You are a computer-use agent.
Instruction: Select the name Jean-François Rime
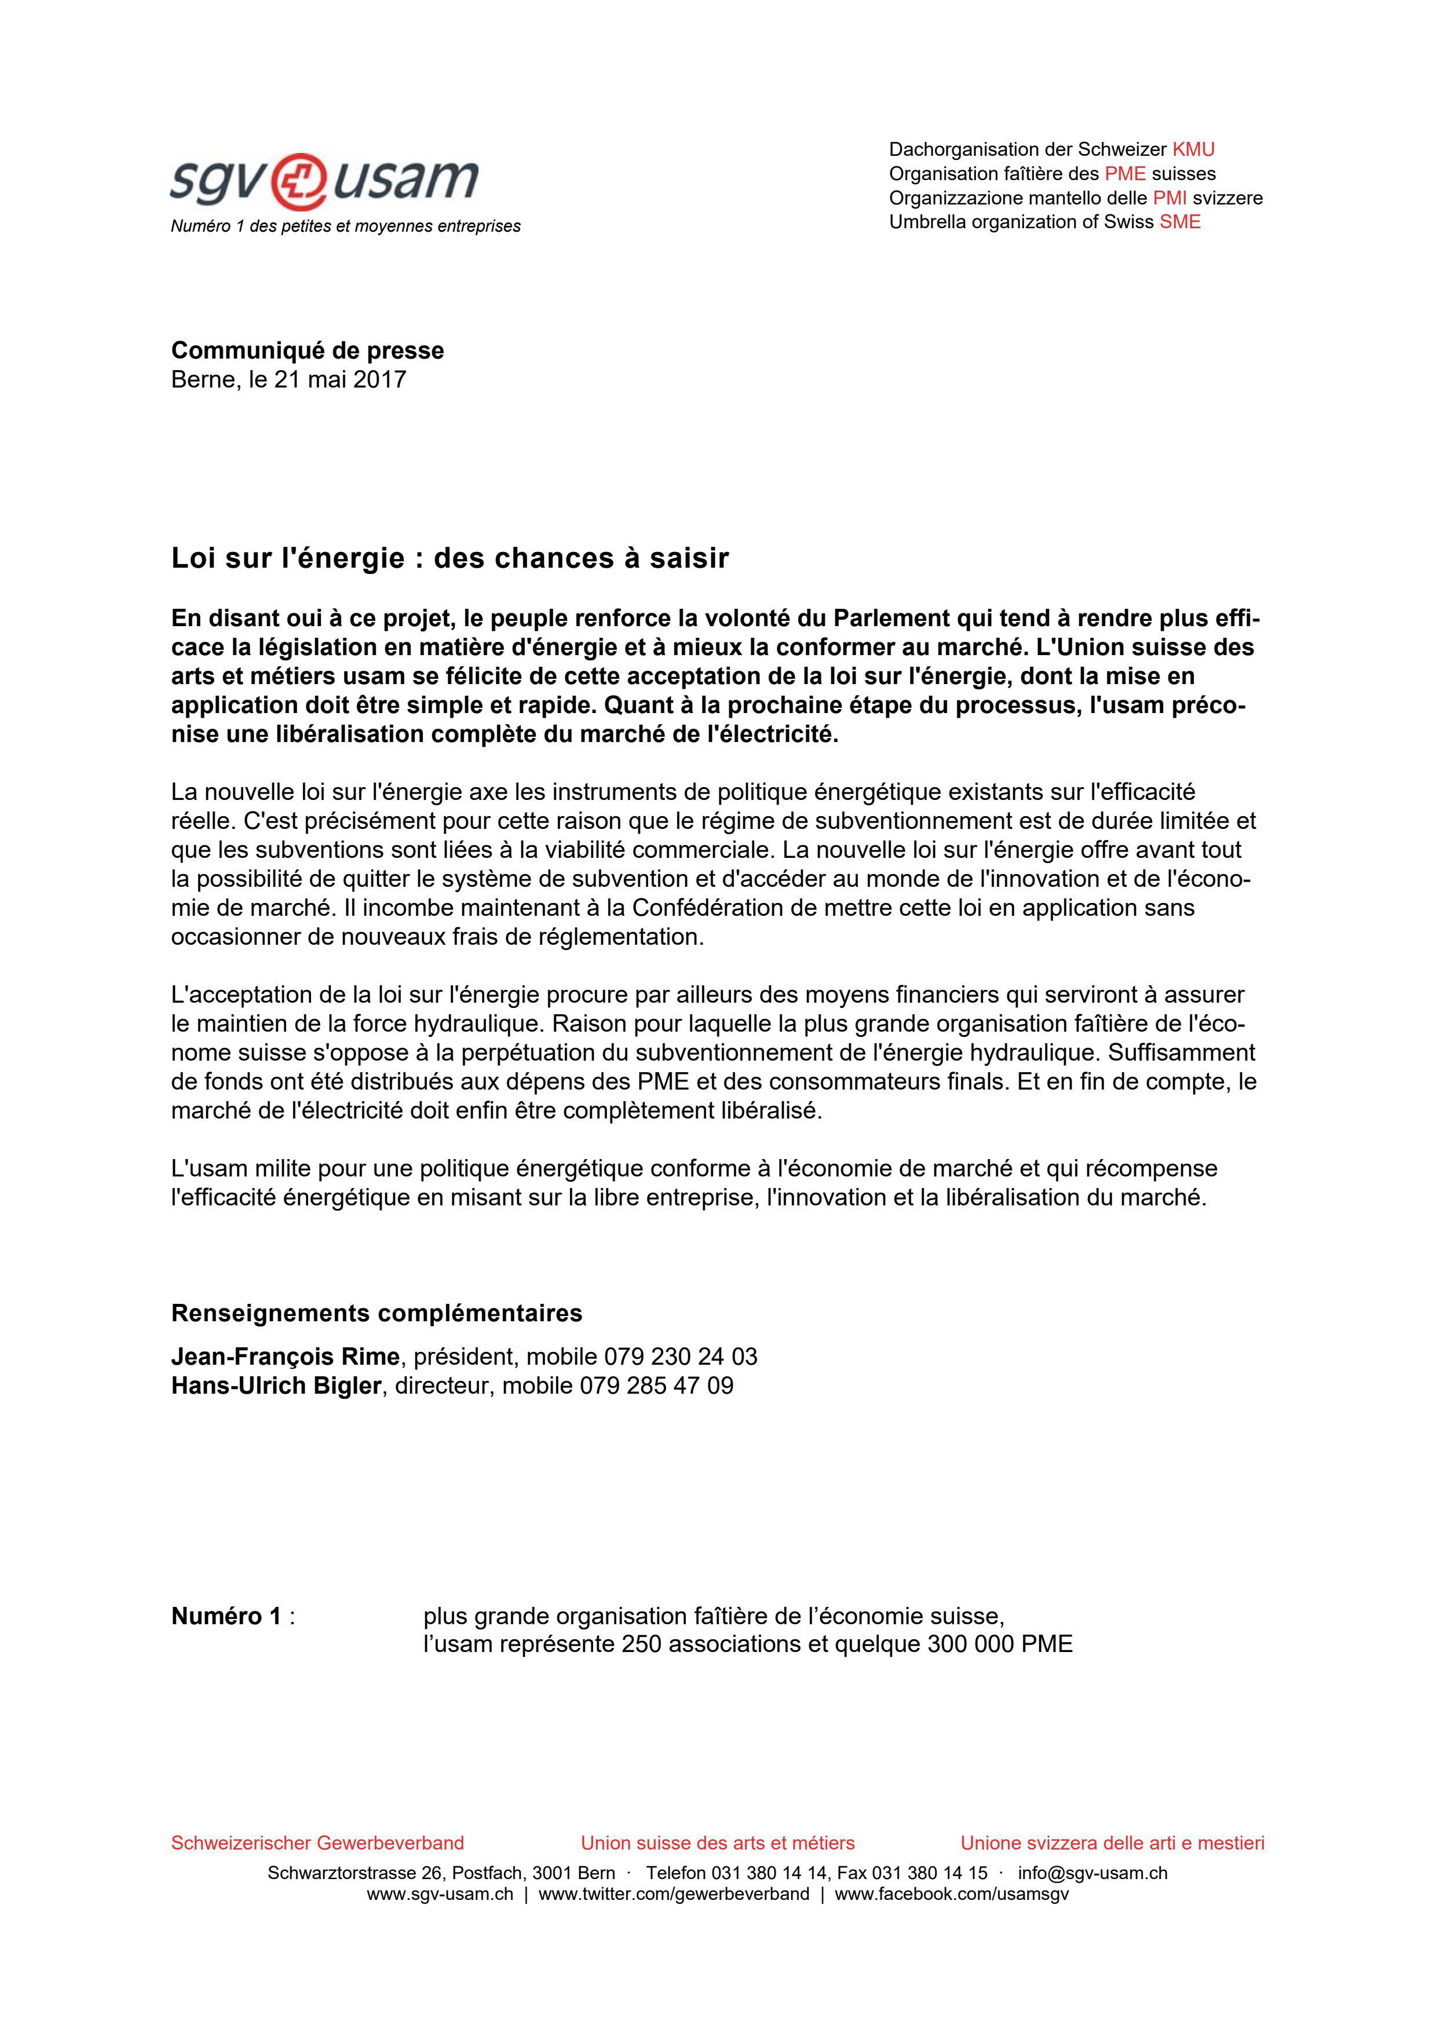[285, 1357]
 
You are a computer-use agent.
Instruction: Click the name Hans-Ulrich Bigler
[275, 1386]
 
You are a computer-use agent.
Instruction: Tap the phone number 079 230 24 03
[681, 1357]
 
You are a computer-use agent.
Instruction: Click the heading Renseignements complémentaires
[376, 1313]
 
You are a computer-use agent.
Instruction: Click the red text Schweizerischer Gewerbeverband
[317, 1844]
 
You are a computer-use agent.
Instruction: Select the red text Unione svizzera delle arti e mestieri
[1112, 1844]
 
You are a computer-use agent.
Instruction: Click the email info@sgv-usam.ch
[1092, 1874]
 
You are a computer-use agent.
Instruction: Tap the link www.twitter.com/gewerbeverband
[673, 1895]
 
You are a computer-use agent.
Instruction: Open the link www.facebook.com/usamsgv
[951, 1895]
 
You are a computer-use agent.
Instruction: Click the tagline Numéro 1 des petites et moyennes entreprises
[345, 226]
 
